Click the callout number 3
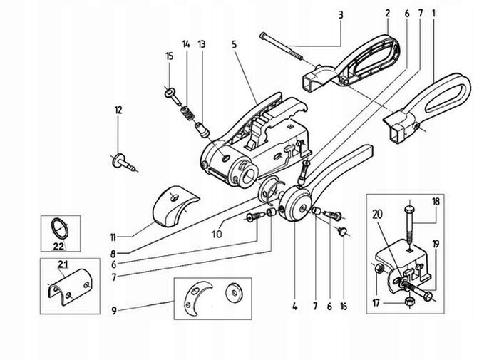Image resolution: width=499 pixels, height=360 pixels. point(341,15)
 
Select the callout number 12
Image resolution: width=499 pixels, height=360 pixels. point(118,110)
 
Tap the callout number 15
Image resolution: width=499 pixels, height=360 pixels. point(170,56)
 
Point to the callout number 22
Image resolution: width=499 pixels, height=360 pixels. point(58,246)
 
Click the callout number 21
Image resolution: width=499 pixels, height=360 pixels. point(63,264)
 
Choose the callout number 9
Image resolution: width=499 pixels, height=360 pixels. point(114,310)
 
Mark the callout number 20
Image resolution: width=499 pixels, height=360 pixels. point(377,215)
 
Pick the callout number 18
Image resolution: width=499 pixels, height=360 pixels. point(436,202)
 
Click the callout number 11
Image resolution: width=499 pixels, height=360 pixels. point(113,237)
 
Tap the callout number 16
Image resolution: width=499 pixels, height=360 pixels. point(344,307)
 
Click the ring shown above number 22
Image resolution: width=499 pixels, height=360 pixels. point(60,228)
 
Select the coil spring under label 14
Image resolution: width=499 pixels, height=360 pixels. point(188,114)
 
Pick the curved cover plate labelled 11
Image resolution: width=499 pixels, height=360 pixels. point(175,206)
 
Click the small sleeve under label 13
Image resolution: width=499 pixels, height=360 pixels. point(201,130)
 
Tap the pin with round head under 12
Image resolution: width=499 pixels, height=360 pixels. point(125,163)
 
